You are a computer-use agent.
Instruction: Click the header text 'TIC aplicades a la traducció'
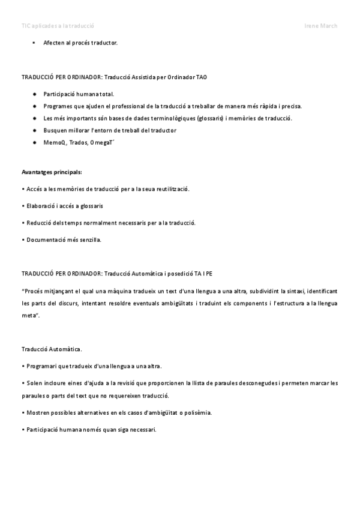58,26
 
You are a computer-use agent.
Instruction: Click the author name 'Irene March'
321,26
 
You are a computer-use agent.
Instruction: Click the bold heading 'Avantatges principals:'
52,172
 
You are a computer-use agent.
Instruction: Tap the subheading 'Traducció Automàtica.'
52,349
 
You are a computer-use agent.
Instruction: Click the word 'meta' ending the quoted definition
29,315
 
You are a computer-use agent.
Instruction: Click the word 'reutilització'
172,189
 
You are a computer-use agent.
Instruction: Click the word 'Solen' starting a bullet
34,383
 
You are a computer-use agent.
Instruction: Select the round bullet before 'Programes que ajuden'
35,106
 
